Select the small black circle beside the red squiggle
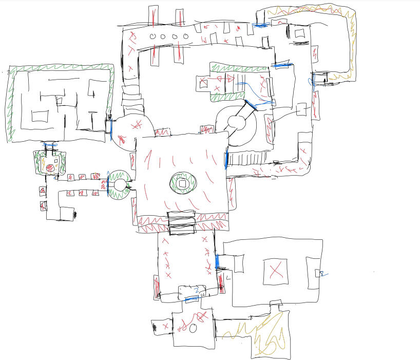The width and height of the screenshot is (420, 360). [x=193, y=328]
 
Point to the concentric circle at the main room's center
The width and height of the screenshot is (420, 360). [x=182, y=183]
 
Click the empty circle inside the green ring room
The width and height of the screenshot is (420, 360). [x=120, y=185]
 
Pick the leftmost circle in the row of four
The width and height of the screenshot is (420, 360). [x=152, y=36]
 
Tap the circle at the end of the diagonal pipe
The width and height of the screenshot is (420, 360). [x=236, y=123]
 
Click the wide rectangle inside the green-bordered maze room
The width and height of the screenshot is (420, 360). [x=40, y=115]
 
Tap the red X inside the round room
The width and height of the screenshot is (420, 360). [x=136, y=125]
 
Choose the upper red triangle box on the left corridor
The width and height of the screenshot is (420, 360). [x=43, y=191]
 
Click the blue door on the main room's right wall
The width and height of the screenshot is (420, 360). [x=226, y=160]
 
